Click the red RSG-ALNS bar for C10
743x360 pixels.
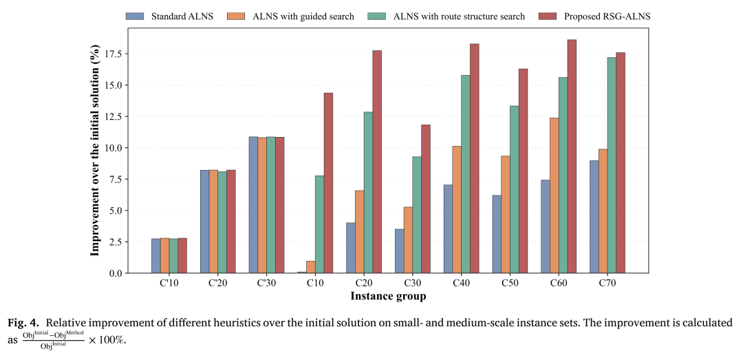[x=328, y=183]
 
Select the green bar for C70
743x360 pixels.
[x=612, y=165]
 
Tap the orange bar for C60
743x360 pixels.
[x=554, y=195]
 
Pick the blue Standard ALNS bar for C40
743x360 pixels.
[x=449, y=229]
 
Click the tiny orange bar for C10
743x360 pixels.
[x=311, y=267]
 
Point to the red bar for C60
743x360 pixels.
[x=572, y=156]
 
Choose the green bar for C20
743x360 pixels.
[x=368, y=193]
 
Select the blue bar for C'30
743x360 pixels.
[x=253, y=205]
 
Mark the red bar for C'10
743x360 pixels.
[x=182, y=255]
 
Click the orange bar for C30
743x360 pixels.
[x=408, y=240]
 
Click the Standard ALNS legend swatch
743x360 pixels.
[x=135, y=16]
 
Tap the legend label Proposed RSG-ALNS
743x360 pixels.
[x=607, y=16]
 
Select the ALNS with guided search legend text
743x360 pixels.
[x=303, y=16]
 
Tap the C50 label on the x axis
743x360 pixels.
[x=510, y=283]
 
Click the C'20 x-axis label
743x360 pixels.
[x=217, y=283]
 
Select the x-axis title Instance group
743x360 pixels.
[x=388, y=297]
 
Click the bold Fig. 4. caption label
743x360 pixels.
[x=23, y=324]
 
